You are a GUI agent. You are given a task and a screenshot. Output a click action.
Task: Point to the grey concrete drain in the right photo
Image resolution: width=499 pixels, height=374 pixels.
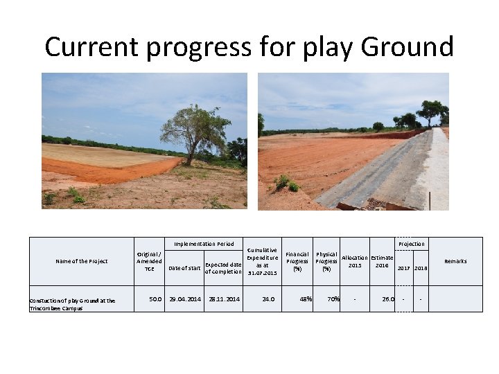point(374,173)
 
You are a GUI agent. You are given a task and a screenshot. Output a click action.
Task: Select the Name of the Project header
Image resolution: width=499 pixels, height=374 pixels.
point(82,261)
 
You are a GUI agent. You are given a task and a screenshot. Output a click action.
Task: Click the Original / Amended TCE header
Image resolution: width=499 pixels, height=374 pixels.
point(149,261)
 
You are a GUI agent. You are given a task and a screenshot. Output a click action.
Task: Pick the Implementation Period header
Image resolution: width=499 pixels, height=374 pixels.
point(204,244)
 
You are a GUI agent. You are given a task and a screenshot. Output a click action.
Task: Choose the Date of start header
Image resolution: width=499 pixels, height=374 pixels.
point(185,268)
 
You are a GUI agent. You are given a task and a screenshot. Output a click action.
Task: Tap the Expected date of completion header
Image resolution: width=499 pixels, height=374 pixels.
point(223,268)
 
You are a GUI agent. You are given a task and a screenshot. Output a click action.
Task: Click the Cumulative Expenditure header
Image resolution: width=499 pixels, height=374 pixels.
point(262,261)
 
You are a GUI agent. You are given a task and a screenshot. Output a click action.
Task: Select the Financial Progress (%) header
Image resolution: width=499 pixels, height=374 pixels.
point(297,261)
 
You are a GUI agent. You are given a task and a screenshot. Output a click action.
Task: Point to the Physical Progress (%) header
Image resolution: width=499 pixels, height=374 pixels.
point(326,261)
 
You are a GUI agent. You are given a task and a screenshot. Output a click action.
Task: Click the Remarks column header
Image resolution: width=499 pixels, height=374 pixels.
point(455,261)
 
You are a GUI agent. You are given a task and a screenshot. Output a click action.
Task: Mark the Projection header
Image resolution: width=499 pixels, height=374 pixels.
point(412,244)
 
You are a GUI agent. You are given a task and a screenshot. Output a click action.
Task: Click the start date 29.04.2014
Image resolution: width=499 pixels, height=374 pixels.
point(185,299)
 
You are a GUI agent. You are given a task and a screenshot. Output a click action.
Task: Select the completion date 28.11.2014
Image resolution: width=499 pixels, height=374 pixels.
point(224,299)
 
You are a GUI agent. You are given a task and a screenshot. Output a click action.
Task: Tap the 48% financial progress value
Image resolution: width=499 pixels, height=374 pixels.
point(305,299)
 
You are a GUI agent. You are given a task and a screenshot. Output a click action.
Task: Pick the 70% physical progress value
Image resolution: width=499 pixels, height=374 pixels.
point(333,299)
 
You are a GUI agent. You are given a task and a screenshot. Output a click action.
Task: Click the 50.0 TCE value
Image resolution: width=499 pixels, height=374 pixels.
point(156,299)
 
